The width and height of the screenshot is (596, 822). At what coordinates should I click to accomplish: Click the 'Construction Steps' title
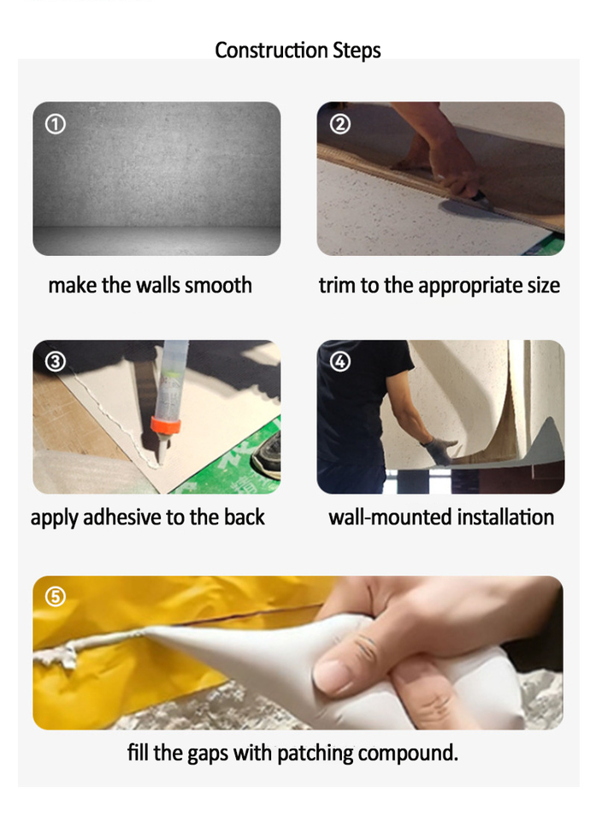[298, 51]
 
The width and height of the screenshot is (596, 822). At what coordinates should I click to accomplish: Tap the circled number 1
[56, 124]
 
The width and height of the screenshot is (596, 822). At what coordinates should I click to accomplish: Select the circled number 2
[339, 124]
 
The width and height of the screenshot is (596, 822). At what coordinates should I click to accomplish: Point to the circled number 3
[56, 361]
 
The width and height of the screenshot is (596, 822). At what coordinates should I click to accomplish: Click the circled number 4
[339, 361]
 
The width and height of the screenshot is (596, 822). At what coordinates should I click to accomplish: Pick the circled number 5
[56, 597]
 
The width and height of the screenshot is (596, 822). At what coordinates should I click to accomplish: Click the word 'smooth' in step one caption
[218, 285]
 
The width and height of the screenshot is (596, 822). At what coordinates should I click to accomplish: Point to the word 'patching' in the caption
[315, 753]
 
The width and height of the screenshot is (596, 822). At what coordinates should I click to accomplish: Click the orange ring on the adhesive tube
[166, 424]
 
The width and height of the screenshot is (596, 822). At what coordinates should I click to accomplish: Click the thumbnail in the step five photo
[328, 676]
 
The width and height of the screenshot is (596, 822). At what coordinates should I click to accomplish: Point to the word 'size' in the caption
[544, 285]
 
